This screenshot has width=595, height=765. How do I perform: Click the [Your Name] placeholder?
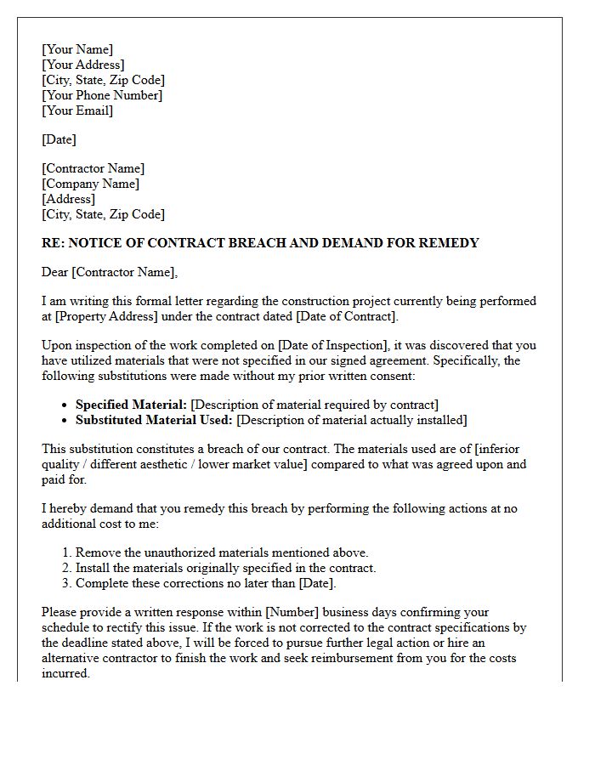tap(77, 49)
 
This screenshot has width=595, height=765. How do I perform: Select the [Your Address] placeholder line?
tap(83, 65)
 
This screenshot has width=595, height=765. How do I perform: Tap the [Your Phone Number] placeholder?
tap(102, 95)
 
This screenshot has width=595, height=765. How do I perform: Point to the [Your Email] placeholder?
tap(77, 110)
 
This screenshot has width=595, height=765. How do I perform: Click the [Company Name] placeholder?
tap(91, 184)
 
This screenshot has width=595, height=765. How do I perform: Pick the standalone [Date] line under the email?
tap(59, 139)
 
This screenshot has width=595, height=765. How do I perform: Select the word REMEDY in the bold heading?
tap(450, 243)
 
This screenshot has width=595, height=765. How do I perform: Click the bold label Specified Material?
tap(132, 405)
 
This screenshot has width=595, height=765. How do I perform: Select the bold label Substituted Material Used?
tap(154, 420)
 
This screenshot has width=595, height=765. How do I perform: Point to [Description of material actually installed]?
tap(352, 420)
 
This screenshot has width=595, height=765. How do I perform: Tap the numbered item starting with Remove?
tap(222, 552)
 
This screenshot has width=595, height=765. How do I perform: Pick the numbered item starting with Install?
tap(225, 568)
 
